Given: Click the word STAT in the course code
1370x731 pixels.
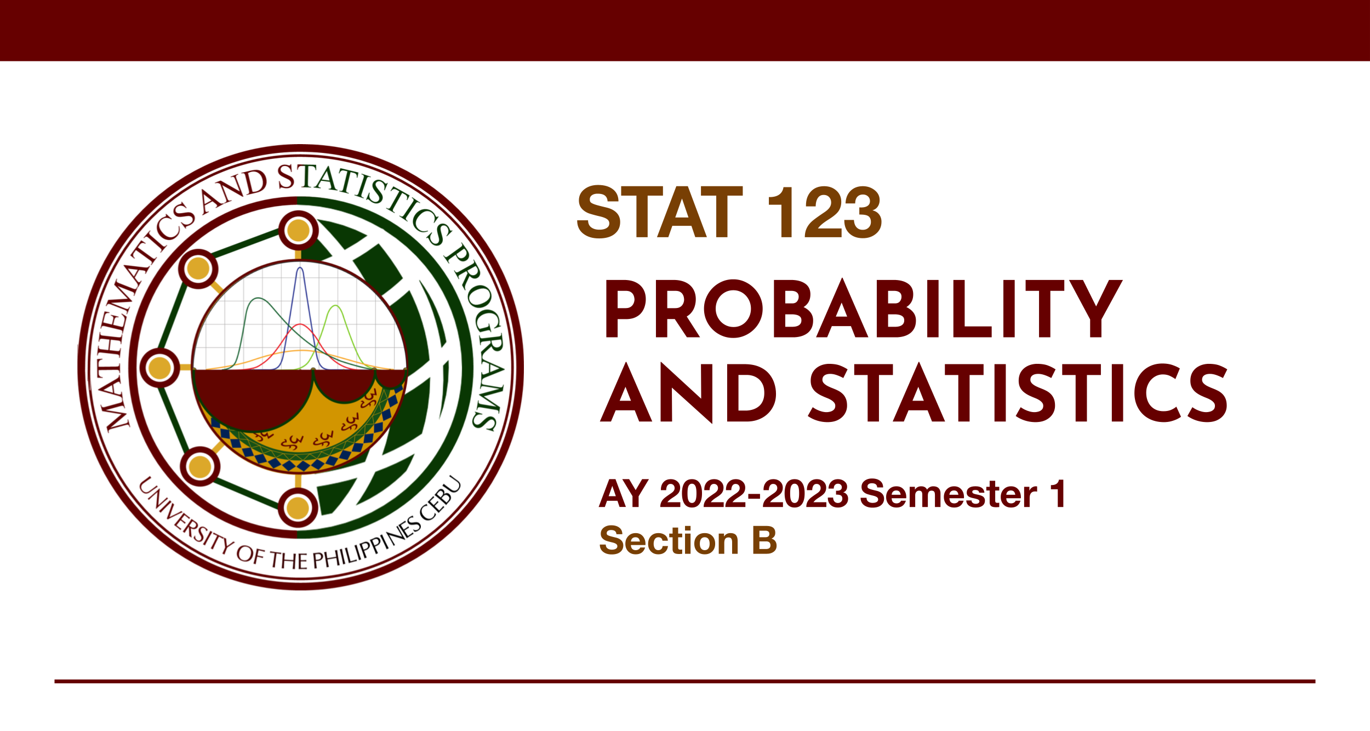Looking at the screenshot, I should coord(660,212).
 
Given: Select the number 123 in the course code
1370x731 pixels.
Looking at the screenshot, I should coord(825,212).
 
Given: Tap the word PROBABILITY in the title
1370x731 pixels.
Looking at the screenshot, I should coord(863,309).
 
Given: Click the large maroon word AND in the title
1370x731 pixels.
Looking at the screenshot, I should coord(688,393).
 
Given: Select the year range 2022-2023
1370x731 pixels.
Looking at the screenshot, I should coord(754,494).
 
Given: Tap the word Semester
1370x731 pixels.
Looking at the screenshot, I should coord(948,494).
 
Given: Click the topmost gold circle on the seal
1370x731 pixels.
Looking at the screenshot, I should coord(299,230).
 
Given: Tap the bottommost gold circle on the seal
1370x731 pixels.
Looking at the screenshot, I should coord(298,507).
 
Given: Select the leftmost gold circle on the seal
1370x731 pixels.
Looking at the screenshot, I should coord(159,368).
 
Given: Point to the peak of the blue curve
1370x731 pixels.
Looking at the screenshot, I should coord(300,268).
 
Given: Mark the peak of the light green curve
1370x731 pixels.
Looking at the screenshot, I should coord(335,306).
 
